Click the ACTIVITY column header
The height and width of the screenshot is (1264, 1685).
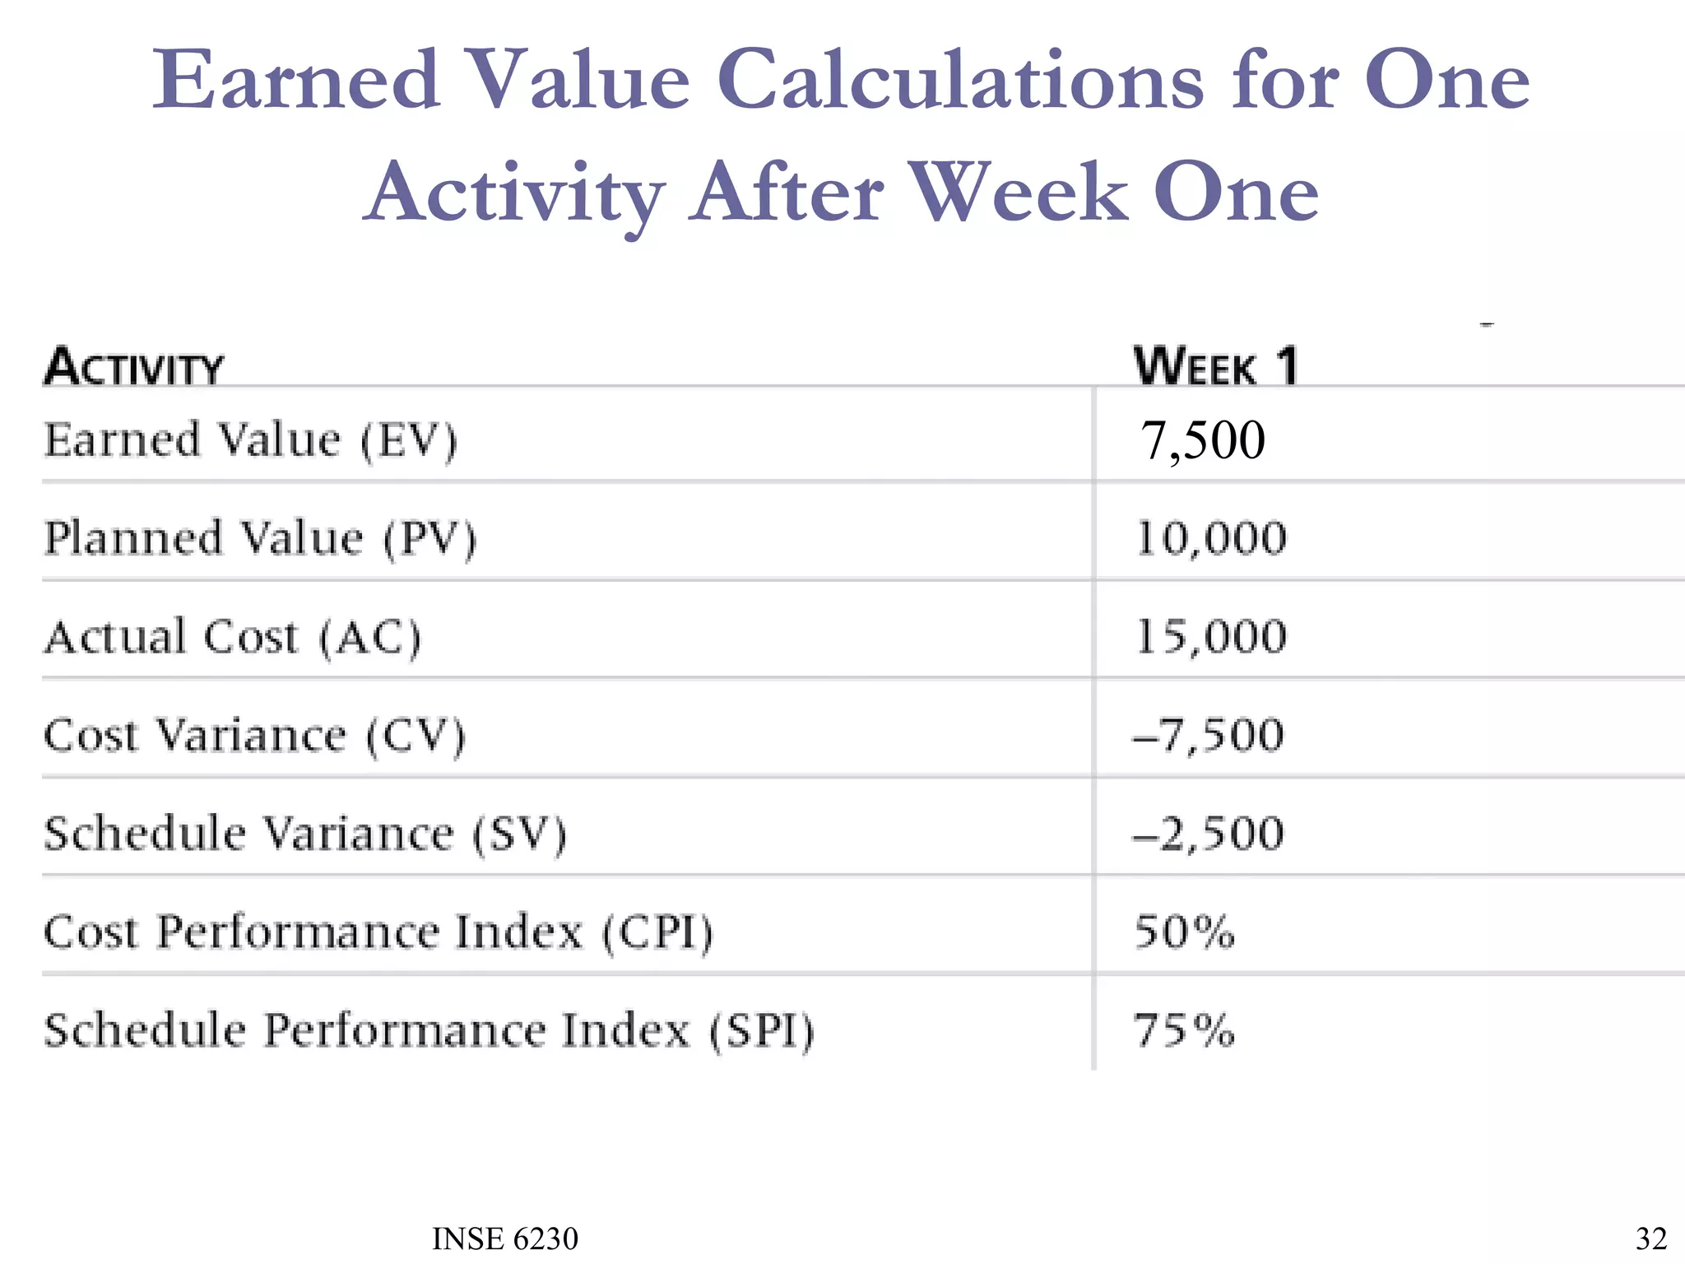[x=133, y=367]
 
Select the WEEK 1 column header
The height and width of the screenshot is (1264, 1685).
[x=1216, y=366]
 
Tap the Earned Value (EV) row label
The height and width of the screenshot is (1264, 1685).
[x=250, y=439]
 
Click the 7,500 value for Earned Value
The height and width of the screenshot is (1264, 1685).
[x=1202, y=439]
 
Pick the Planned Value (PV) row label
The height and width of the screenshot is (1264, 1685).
[x=260, y=538]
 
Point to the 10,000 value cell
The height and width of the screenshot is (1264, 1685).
[x=1211, y=538]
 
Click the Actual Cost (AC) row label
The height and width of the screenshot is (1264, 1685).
[x=233, y=637]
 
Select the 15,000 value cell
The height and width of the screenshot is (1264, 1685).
[x=1211, y=637]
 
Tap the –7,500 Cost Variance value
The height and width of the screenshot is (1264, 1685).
[x=1208, y=735]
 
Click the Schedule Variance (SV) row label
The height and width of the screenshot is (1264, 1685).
[x=305, y=834]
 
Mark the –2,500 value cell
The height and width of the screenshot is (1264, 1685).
[x=1208, y=834]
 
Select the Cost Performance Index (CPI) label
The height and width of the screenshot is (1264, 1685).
[x=378, y=932]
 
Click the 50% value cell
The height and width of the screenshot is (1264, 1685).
[x=1185, y=932]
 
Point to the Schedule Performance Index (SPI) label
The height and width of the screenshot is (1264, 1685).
[x=429, y=1030]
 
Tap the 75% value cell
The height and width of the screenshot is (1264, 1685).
[x=1185, y=1030]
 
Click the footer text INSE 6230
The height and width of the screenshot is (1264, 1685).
[x=505, y=1238]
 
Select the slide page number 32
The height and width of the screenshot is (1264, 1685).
[x=1650, y=1238]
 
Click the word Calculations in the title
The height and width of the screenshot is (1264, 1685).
[x=961, y=80]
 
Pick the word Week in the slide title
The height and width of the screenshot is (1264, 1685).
[x=1020, y=192]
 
